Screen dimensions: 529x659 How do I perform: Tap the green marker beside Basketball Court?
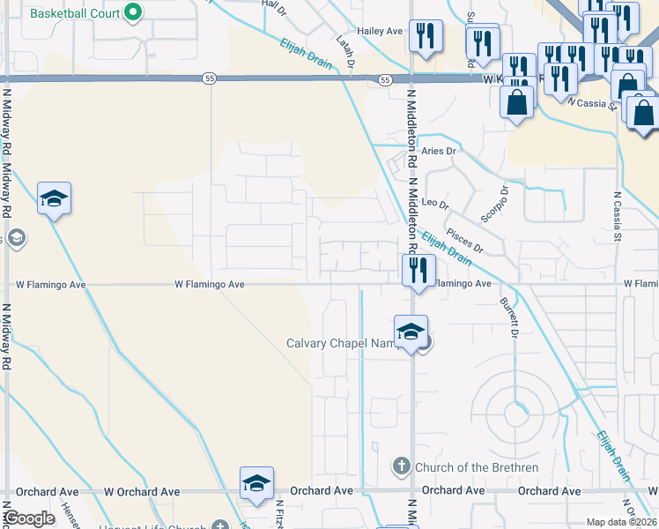coord(132,12)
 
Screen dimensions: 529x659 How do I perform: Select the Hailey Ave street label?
coord(379,31)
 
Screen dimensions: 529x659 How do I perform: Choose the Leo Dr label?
coord(436,204)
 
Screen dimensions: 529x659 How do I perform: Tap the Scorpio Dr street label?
coord(495,203)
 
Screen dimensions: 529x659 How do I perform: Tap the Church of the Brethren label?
coord(463,465)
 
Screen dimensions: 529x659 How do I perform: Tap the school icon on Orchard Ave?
coord(256,483)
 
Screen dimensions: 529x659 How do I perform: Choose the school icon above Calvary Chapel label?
coord(411,332)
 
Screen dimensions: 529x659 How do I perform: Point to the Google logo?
coord(29,519)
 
